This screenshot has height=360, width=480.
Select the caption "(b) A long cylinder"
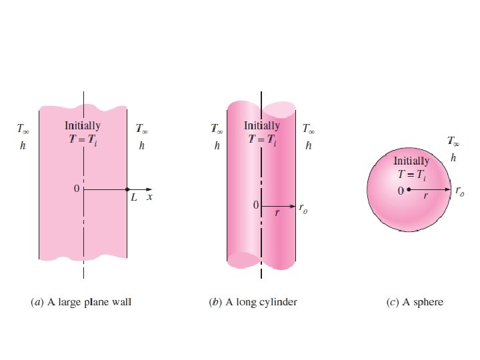coord(253,302)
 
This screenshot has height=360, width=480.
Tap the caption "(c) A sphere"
coord(415,302)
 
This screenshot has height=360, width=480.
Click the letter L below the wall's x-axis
coord(133,199)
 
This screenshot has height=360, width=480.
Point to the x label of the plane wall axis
coord(149,198)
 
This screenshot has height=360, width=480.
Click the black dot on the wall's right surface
coord(127,190)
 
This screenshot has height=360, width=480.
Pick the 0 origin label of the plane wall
coord(77,189)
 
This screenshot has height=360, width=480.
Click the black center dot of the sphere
coord(409,190)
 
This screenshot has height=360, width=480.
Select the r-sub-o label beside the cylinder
coord(304,211)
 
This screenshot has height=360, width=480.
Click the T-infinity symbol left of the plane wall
coord(22,128)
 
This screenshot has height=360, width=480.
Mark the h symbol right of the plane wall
coord(141,145)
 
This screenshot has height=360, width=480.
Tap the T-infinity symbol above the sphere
coord(453,141)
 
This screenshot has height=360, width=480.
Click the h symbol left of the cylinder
coord(217,145)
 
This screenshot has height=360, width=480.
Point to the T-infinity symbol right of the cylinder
coord(309,128)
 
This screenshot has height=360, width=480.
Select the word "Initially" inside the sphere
coord(412,161)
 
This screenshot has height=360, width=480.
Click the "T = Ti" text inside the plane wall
coord(83,139)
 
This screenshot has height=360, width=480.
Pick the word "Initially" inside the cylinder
coord(262,125)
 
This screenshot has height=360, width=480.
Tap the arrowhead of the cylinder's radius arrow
coord(292,206)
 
